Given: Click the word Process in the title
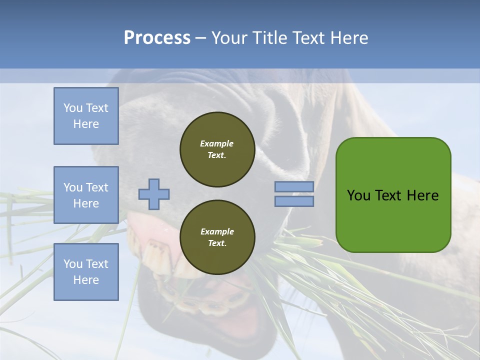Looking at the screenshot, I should coord(157,38).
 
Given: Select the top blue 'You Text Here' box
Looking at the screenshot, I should coord(86,116).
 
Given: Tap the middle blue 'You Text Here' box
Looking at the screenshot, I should coord(86,195).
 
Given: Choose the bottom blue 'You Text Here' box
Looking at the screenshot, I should coord(86,271).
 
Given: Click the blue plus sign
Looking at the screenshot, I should coord(153,194).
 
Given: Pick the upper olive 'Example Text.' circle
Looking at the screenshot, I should coord(217,149).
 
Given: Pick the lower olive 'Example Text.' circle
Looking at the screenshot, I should coord(217,237).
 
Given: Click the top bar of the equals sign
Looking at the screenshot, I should coord(294,186).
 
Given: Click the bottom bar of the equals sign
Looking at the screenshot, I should coord(294,201).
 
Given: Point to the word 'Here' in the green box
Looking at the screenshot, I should coord(422,195).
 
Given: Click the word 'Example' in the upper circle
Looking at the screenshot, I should coord(217,143).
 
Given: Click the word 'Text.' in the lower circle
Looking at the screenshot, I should coord(217,243).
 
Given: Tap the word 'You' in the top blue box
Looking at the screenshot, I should coord(72,108).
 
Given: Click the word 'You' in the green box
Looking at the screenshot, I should coord(358,195).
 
